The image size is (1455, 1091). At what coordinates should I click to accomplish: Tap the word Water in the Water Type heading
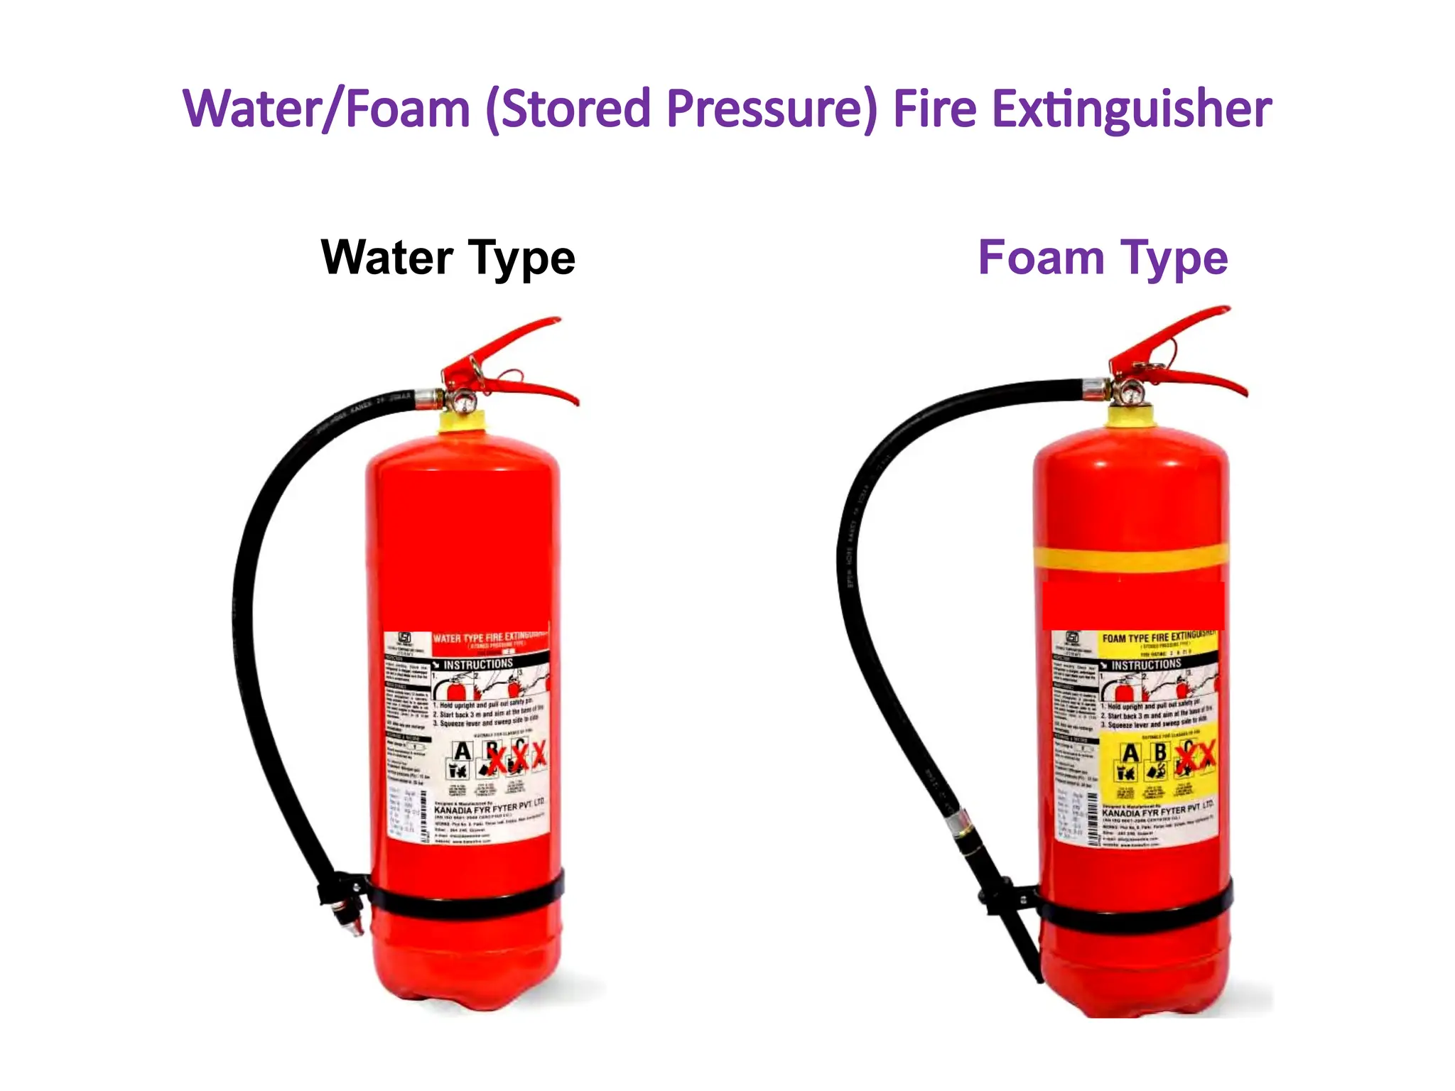tap(387, 257)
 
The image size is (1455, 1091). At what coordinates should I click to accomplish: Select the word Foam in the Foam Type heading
tap(1041, 257)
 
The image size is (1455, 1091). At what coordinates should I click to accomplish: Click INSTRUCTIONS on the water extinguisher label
tap(477, 664)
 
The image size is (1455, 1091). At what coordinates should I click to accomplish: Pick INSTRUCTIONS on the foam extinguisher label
tap(1145, 665)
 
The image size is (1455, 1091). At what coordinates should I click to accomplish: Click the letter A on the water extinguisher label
tap(463, 751)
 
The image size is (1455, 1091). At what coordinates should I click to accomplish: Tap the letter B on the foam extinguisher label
tap(1159, 751)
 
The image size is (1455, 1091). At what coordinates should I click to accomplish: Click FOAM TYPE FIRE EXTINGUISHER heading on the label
tap(1158, 636)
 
